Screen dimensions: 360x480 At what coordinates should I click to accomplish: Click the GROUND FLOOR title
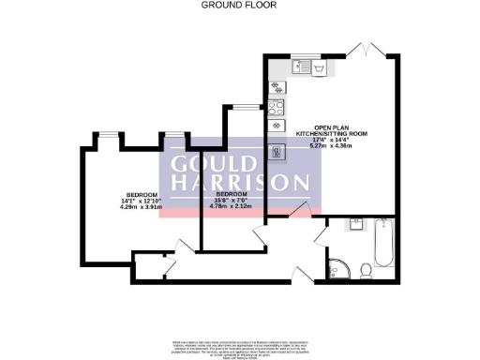[230, 5]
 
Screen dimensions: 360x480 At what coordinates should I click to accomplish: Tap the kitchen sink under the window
[308, 67]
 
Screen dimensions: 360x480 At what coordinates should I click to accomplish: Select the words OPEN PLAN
[331, 129]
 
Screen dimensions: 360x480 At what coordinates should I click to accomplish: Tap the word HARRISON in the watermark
[240, 182]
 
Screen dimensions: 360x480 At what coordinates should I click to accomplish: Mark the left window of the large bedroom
[109, 134]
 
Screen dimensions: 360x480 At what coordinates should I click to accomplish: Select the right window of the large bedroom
[174, 134]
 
